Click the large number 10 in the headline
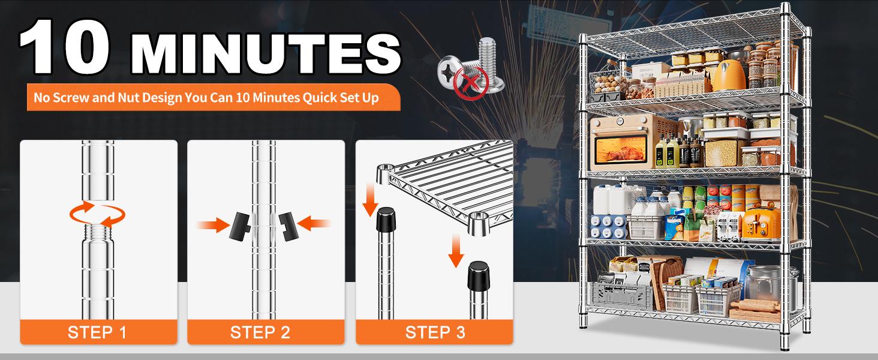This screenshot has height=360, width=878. (65, 46)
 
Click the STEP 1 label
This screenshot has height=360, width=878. (97, 332)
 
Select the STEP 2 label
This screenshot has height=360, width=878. (260, 332)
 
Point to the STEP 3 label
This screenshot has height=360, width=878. (435, 332)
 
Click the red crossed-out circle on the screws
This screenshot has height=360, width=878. (471, 83)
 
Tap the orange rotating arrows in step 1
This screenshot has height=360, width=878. (97, 214)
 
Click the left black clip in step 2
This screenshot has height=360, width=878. (239, 226)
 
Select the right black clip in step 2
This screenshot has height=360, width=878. (289, 226)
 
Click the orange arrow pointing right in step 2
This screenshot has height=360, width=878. (213, 225)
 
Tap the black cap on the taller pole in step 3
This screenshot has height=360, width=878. (386, 219)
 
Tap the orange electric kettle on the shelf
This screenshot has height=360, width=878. (729, 76)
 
